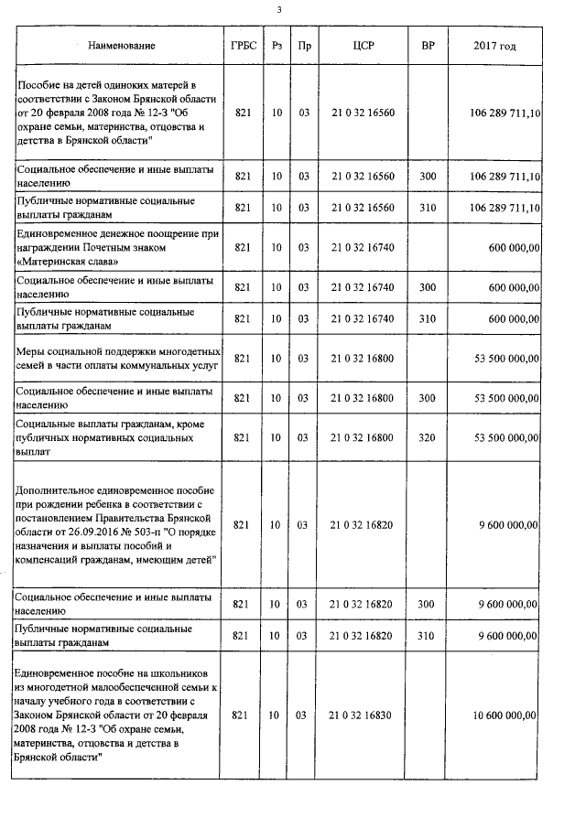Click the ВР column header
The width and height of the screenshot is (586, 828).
click(426, 45)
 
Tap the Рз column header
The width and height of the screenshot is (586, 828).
click(277, 45)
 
